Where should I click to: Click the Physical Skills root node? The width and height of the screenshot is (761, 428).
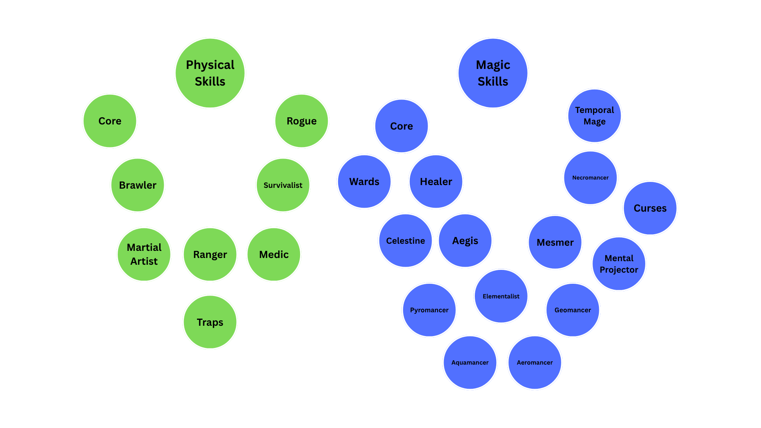[x=210, y=73]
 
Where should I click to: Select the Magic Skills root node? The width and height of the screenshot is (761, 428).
[x=493, y=73]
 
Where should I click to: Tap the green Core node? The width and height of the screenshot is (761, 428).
[x=110, y=121]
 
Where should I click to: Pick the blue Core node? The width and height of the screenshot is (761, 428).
[x=402, y=126]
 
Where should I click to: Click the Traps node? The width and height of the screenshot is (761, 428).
[x=210, y=322]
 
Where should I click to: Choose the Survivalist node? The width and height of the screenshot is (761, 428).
[x=283, y=185]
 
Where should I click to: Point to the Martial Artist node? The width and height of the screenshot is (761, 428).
[x=144, y=254]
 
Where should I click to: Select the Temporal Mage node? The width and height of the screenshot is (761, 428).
[x=594, y=116]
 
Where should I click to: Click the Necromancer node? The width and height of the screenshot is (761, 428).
[x=590, y=178]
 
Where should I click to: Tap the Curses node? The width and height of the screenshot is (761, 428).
[x=650, y=208]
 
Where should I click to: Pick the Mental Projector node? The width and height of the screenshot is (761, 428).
[x=619, y=264]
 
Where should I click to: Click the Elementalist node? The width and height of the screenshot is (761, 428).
[x=501, y=296]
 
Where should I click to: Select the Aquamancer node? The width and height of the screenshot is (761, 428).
[x=470, y=363]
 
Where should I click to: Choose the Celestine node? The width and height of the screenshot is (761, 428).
[x=405, y=241]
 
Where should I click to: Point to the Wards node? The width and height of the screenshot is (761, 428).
[x=364, y=182]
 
